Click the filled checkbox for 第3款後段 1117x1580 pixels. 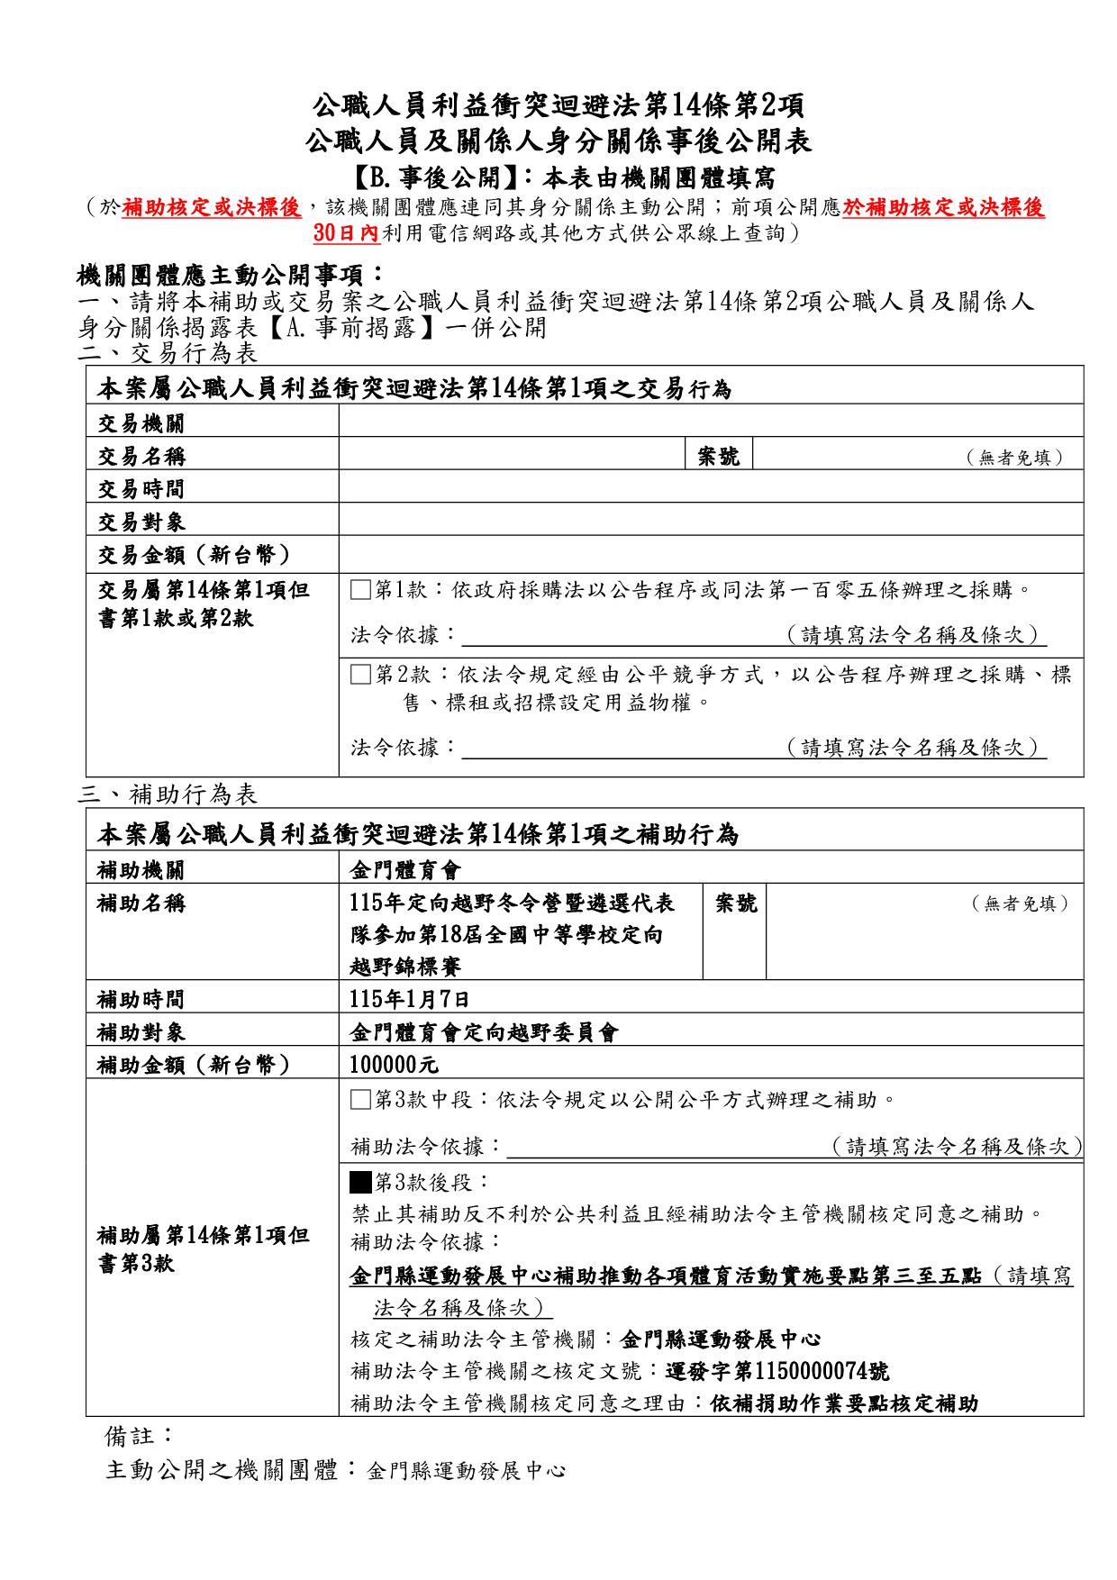pos(361,1181)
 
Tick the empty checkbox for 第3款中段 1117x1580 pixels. pos(361,1100)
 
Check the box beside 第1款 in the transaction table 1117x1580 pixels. pos(361,591)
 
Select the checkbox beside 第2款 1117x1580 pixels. pos(361,675)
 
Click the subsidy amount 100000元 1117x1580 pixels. pos(394,1065)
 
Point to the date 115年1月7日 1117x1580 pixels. pos(409,999)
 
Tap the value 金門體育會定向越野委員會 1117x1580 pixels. pos(484,1032)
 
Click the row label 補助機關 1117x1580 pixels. pos(141,870)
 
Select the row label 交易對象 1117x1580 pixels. pos(141,522)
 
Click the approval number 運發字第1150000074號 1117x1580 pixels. pos(776,1371)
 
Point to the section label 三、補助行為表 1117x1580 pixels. pos(168,794)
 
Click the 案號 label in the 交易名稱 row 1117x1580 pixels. pos(719,457)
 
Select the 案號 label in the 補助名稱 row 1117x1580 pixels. pos(735,904)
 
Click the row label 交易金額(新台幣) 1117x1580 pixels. pos(194,555)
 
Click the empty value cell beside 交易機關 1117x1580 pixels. pos(711,422)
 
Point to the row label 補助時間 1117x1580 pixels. pos(141,999)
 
